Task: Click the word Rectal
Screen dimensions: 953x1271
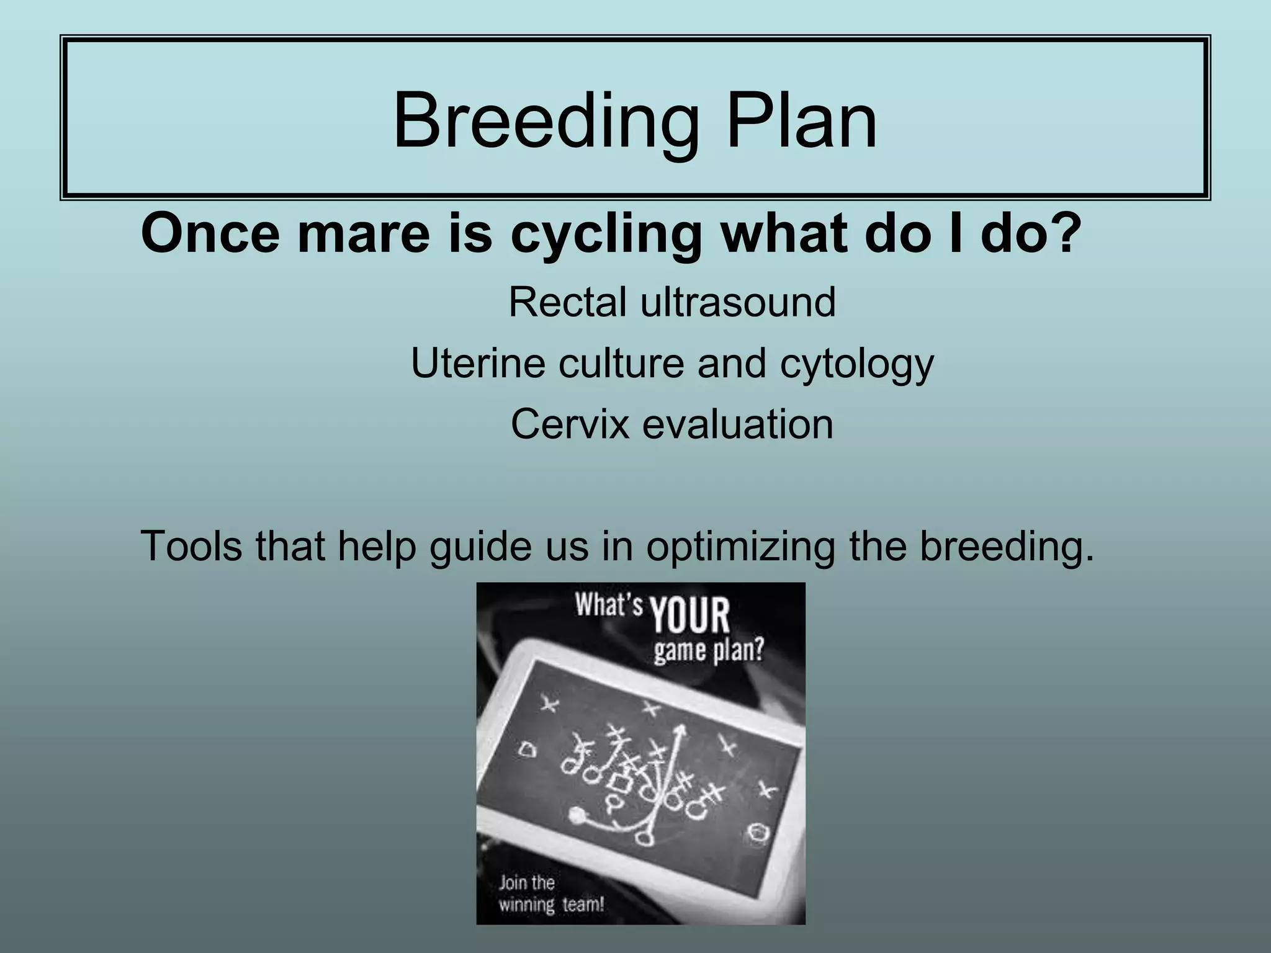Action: click(567, 302)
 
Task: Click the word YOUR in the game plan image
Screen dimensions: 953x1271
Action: click(689, 615)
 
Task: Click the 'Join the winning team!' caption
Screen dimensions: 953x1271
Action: click(550, 893)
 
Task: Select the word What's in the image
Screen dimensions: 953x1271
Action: click(608, 605)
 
